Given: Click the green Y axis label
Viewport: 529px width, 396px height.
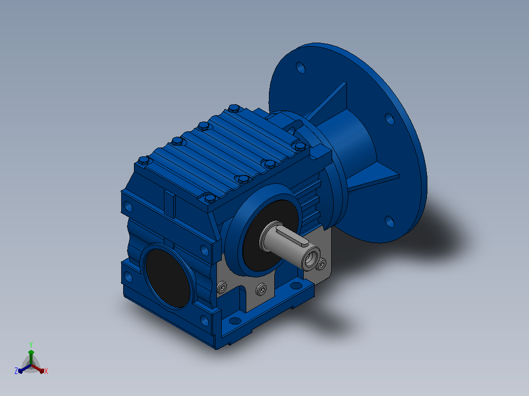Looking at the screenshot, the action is [x=31, y=345].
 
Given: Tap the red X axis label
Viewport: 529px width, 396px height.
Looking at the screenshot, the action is [x=46, y=371].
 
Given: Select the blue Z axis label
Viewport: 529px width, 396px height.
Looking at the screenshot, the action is [x=16, y=371].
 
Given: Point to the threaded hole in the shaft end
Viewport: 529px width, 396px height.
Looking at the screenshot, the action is [x=311, y=259].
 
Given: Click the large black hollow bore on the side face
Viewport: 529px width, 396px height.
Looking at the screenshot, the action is [x=167, y=278].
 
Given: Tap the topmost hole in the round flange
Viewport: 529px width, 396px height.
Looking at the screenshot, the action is [x=300, y=68].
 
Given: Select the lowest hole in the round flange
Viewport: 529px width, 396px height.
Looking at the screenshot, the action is [x=389, y=222].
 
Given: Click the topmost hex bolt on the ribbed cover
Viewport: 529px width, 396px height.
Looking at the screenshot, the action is [x=234, y=108].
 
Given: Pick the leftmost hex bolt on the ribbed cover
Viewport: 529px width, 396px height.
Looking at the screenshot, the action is [x=144, y=160].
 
